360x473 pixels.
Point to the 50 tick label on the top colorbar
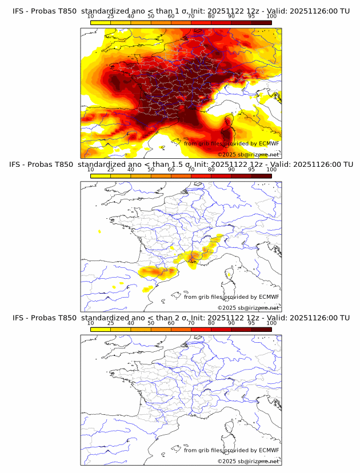[x=151, y=17]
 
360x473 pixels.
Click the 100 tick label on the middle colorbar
[x=271, y=170]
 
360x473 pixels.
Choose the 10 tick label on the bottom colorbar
[x=91, y=323]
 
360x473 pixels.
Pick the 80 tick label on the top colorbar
[x=211, y=17]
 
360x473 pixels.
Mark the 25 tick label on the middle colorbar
[x=110, y=170]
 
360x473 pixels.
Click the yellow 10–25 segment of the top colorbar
[x=101, y=23]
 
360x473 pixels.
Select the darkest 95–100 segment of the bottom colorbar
[x=261, y=329]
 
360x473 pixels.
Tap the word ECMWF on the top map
[x=269, y=143]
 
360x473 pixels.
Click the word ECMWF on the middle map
[x=269, y=296]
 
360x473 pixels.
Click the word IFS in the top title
[x=18, y=11]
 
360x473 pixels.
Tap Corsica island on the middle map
[x=229, y=279]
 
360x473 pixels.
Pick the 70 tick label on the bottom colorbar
[x=191, y=323]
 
